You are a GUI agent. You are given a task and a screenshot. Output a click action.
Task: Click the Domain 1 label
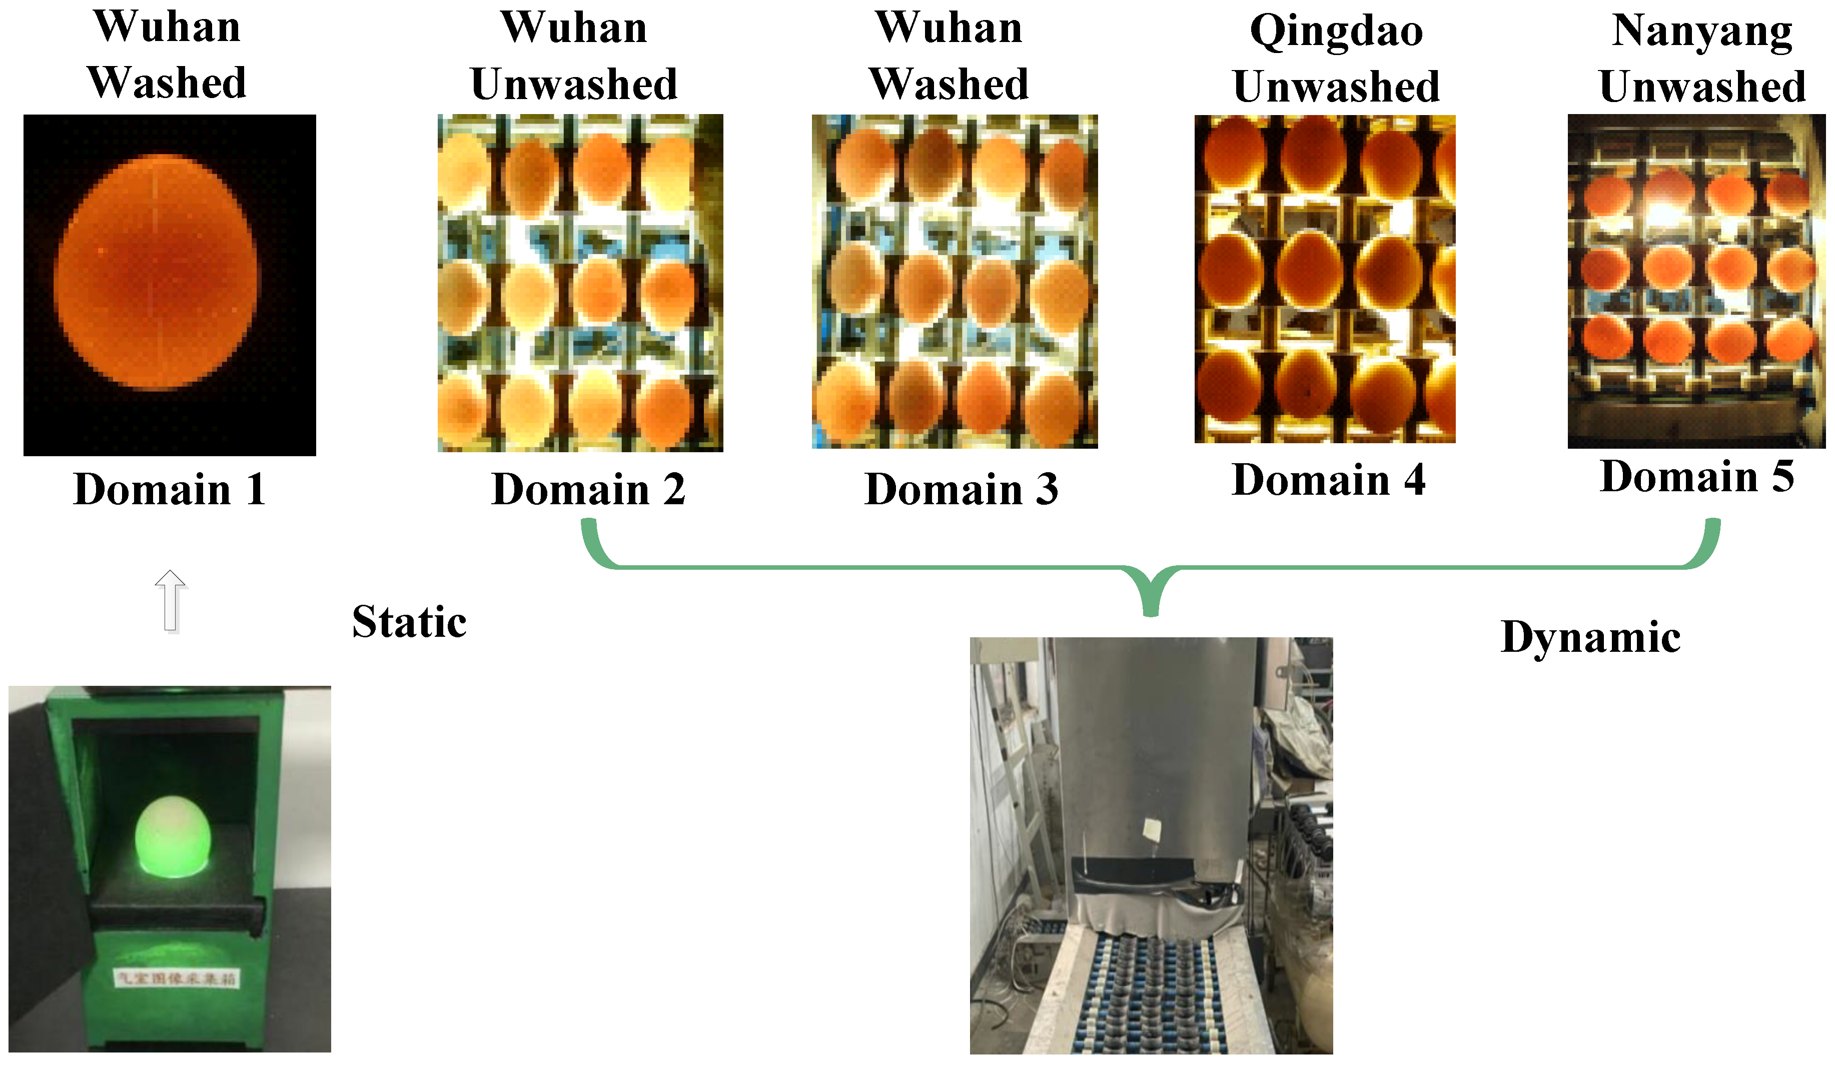(x=169, y=489)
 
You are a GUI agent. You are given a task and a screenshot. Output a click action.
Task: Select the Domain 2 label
(x=588, y=489)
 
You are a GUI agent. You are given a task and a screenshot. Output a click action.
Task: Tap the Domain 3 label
(x=961, y=489)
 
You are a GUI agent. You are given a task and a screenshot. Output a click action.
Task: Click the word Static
(x=409, y=622)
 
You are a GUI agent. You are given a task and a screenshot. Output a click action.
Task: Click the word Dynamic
(x=1591, y=638)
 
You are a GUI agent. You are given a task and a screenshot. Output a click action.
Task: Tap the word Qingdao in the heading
(x=1336, y=32)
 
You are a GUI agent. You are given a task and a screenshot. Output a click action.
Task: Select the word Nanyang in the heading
(x=1702, y=32)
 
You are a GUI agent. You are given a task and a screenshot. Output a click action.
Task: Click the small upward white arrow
(x=171, y=601)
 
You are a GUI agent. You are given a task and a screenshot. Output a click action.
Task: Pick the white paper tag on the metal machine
(x=1152, y=829)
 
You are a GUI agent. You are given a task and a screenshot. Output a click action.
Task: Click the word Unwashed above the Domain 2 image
(x=574, y=85)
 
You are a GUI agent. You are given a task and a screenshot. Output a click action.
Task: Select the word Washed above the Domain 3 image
(x=949, y=85)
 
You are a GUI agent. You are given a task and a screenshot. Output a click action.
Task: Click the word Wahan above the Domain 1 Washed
(x=168, y=27)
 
